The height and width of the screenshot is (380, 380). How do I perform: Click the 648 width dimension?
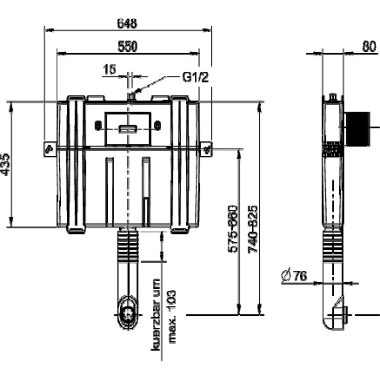coord(127,23)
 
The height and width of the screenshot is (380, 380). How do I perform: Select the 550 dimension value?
coord(127,46)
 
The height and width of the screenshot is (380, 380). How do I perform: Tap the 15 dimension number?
coord(110,69)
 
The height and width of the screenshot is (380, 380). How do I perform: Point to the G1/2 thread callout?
coord(195,77)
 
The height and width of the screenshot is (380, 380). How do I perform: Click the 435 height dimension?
coord(5,164)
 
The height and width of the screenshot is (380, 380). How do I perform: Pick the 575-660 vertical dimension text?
coord(233,229)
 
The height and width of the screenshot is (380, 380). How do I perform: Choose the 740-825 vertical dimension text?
coord(253,229)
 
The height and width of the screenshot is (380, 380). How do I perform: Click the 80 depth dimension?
coord(369,46)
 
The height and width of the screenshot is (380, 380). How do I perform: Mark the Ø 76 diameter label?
coord(294,276)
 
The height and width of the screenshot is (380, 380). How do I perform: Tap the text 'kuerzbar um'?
coord(156,315)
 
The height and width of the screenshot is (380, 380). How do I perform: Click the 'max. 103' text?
coord(172,316)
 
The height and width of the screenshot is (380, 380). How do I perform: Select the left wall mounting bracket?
coord(50,149)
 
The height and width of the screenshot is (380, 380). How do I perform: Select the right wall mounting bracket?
coord(206,149)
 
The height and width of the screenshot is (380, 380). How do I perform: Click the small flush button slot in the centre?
coord(128,129)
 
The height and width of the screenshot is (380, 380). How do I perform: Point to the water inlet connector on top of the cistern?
coord(131,97)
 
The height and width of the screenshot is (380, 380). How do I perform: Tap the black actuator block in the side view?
coord(358,129)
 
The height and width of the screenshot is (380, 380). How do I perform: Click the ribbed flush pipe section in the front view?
coord(128,246)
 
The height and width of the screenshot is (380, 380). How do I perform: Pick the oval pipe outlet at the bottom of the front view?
coord(128,312)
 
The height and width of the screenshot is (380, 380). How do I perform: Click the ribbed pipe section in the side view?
coord(333,247)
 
